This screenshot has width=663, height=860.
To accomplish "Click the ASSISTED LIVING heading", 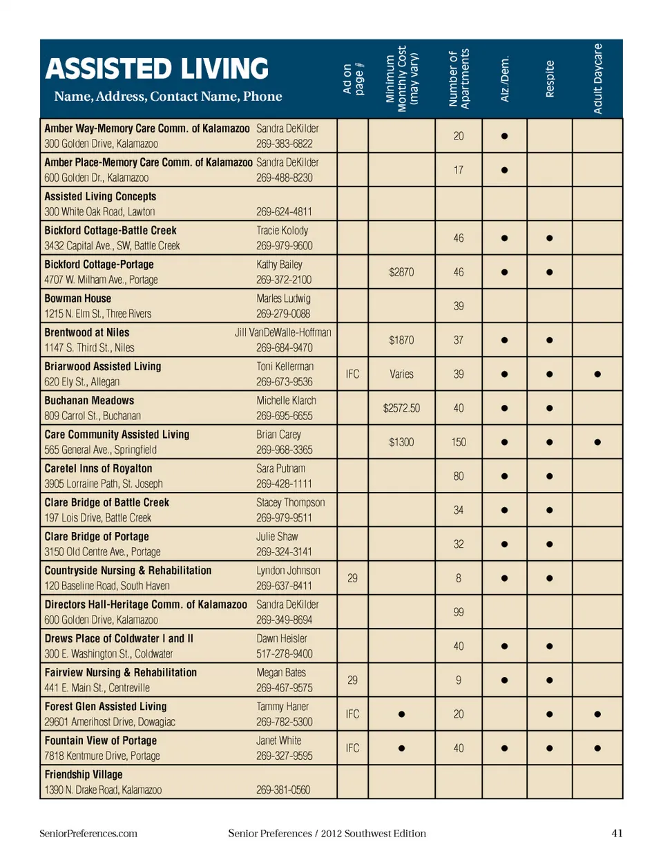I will click(x=157, y=69).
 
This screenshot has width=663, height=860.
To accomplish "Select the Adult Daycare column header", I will click(x=598, y=78).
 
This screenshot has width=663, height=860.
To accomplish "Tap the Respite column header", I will click(x=550, y=79).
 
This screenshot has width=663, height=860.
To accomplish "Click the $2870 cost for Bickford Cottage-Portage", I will click(x=401, y=272).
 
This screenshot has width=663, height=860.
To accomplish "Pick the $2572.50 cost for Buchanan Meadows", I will click(x=401, y=408).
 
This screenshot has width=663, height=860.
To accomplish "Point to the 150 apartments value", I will click(x=459, y=442).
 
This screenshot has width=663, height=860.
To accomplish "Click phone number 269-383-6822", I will click(x=284, y=144).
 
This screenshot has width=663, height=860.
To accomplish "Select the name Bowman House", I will click(x=77, y=298).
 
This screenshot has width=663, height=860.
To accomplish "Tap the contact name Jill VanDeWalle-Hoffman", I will click(x=282, y=332).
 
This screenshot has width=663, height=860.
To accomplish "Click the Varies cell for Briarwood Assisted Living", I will click(x=401, y=374).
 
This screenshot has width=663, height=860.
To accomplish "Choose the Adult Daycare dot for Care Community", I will click(x=597, y=442).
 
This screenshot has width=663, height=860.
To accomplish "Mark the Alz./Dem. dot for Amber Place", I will click(x=504, y=170).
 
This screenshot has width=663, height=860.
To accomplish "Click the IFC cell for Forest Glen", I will click(x=352, y=714).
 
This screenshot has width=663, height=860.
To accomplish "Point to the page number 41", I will click(x=617, y=833).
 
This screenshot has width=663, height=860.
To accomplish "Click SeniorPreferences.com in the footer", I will click(x=88, y=833).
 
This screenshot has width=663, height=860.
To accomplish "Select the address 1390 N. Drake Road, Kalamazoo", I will click(x=103, y=790).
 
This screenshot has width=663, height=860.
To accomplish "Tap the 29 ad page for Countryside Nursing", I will click(x=352, y=578).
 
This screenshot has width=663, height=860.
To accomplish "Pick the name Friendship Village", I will click(x=84, y=774).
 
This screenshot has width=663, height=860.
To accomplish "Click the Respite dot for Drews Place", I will click(x=549, y=647).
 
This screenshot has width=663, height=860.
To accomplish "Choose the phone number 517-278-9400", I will click(x=284, y=653).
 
